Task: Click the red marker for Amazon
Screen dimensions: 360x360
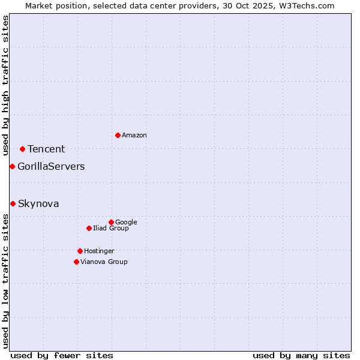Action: (x=118, y=135)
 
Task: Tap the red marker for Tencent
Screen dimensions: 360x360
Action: (x=22, y=149)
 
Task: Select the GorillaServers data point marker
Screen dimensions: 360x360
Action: (x=12, y=166)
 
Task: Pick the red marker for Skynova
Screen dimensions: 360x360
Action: (x=13, y=203)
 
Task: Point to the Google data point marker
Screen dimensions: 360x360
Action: (x=111, y=222)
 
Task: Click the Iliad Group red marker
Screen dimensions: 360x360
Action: (x=89, y=228)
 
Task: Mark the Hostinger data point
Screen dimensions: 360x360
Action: (x=80, y=251)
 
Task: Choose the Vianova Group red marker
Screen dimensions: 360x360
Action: (x=76, y=262)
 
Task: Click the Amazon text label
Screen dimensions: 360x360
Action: (x=134, y=135)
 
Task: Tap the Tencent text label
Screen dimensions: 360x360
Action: (x=46, y=149)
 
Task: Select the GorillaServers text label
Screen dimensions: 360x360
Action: (x=51, y=166)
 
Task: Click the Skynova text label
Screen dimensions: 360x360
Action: (x=38, y=203)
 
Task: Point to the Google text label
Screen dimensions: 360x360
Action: (x=126, y=222)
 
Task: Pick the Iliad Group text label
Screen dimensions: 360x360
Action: (x=111, y=228)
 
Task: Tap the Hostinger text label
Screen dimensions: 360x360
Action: (x=99, y=251)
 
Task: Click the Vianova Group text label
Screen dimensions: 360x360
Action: (x=104, y=262)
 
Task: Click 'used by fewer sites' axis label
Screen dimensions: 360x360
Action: (x=62, y=355)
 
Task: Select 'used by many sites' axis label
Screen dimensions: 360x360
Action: (x=301, y=355)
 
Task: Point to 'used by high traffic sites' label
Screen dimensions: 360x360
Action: (x=5, y=85)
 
